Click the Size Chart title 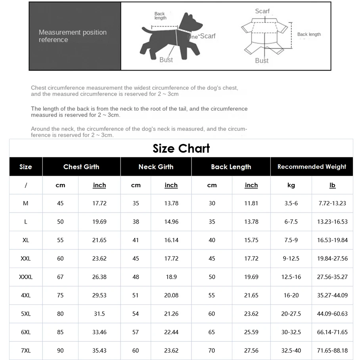(x=181, y=149)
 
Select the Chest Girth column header (x=81, y=167)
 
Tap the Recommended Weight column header (x=312, y=167)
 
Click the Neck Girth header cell (x=156, y=167)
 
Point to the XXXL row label (x=26, y=277)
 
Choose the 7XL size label (x=26, y=350)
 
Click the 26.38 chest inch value (x=99, y=277)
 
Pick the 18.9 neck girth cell (x=171, y=277)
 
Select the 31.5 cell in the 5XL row (x=99, y=314)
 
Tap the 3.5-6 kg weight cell (x=291, y=203)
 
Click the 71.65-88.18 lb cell (x=332, y=350)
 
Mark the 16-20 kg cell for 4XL (x=291, y=295)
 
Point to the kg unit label (x=291, y=185)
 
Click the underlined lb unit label (x=332, y=185)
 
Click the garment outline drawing (x=262, y=36)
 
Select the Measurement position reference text (x=73, y=36)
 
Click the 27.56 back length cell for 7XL (x=251, y=350)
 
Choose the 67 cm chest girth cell (x=60, y=277)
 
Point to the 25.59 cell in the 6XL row (x=251, y=332)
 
